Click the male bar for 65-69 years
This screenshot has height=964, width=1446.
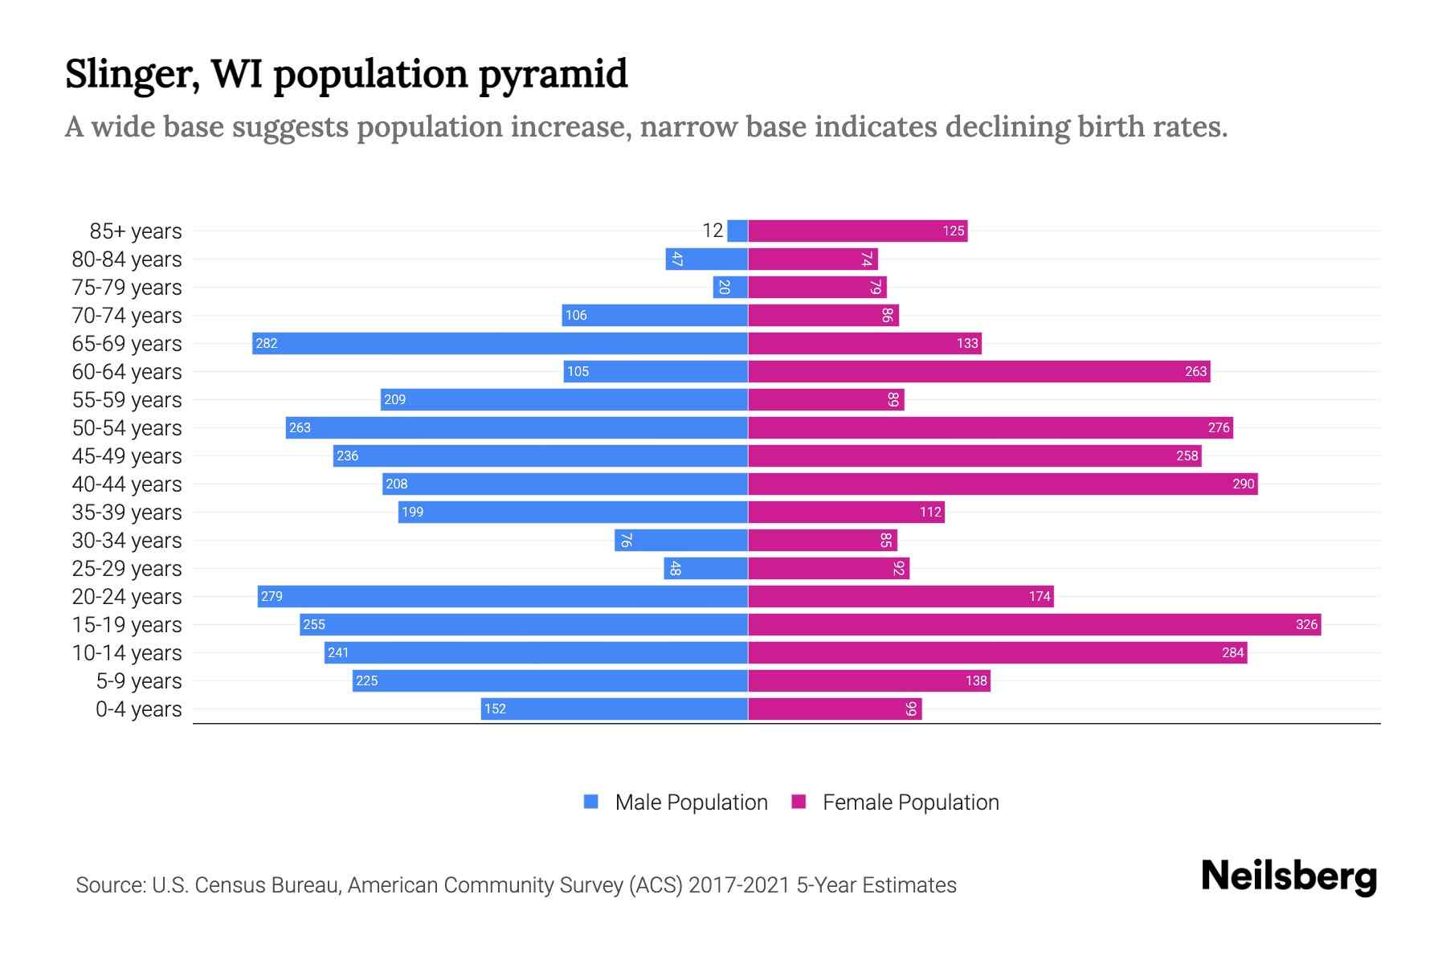tap(500, 344)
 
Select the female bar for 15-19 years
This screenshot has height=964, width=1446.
tap(1035, 625)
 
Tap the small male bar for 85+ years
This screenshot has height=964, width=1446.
tap(737, 231)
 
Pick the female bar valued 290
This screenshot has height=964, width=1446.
tap(1003, 484)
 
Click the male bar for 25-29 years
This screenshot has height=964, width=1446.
tap(705, 569)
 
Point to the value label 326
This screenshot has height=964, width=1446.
tap(1306, 625)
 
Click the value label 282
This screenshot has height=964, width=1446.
tap(266, 344)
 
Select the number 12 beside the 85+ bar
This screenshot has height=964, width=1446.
tap(713, 231)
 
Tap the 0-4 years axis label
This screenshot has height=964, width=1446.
tap(138, 709)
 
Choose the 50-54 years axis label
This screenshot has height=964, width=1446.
tap(127, 428)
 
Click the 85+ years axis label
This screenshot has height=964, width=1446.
tap(136, 231)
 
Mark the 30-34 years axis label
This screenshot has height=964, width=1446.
tap(127, 541)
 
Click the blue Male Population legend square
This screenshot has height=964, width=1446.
tap(591, 802)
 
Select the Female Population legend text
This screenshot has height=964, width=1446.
tap(910, 803)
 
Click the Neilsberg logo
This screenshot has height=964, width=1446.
tap(1289, 876)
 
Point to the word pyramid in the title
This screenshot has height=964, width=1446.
tap(553, 76)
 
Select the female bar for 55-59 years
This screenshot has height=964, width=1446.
tap(826, 400)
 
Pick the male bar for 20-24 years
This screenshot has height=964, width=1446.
tap(503, 597)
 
